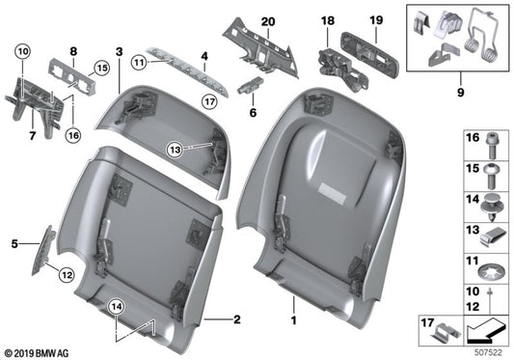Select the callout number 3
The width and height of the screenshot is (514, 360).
coord(119,50)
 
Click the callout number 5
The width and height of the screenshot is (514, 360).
coord(14,244)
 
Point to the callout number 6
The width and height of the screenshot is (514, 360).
coord(254,113)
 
